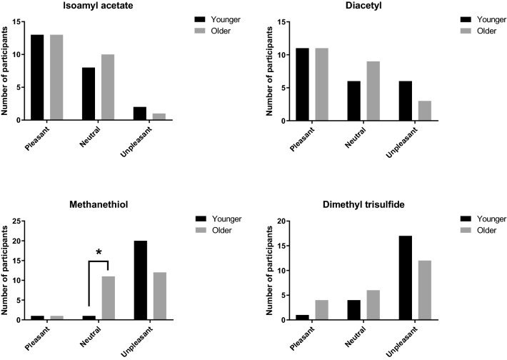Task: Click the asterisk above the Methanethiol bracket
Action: point(99,252)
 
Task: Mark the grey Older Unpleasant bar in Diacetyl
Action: point(424,111)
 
